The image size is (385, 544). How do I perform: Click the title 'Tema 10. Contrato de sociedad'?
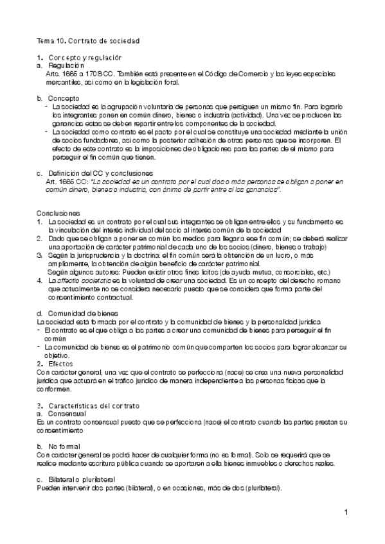pos(88,41)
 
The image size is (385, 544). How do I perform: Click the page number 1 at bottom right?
pos(346,512)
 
